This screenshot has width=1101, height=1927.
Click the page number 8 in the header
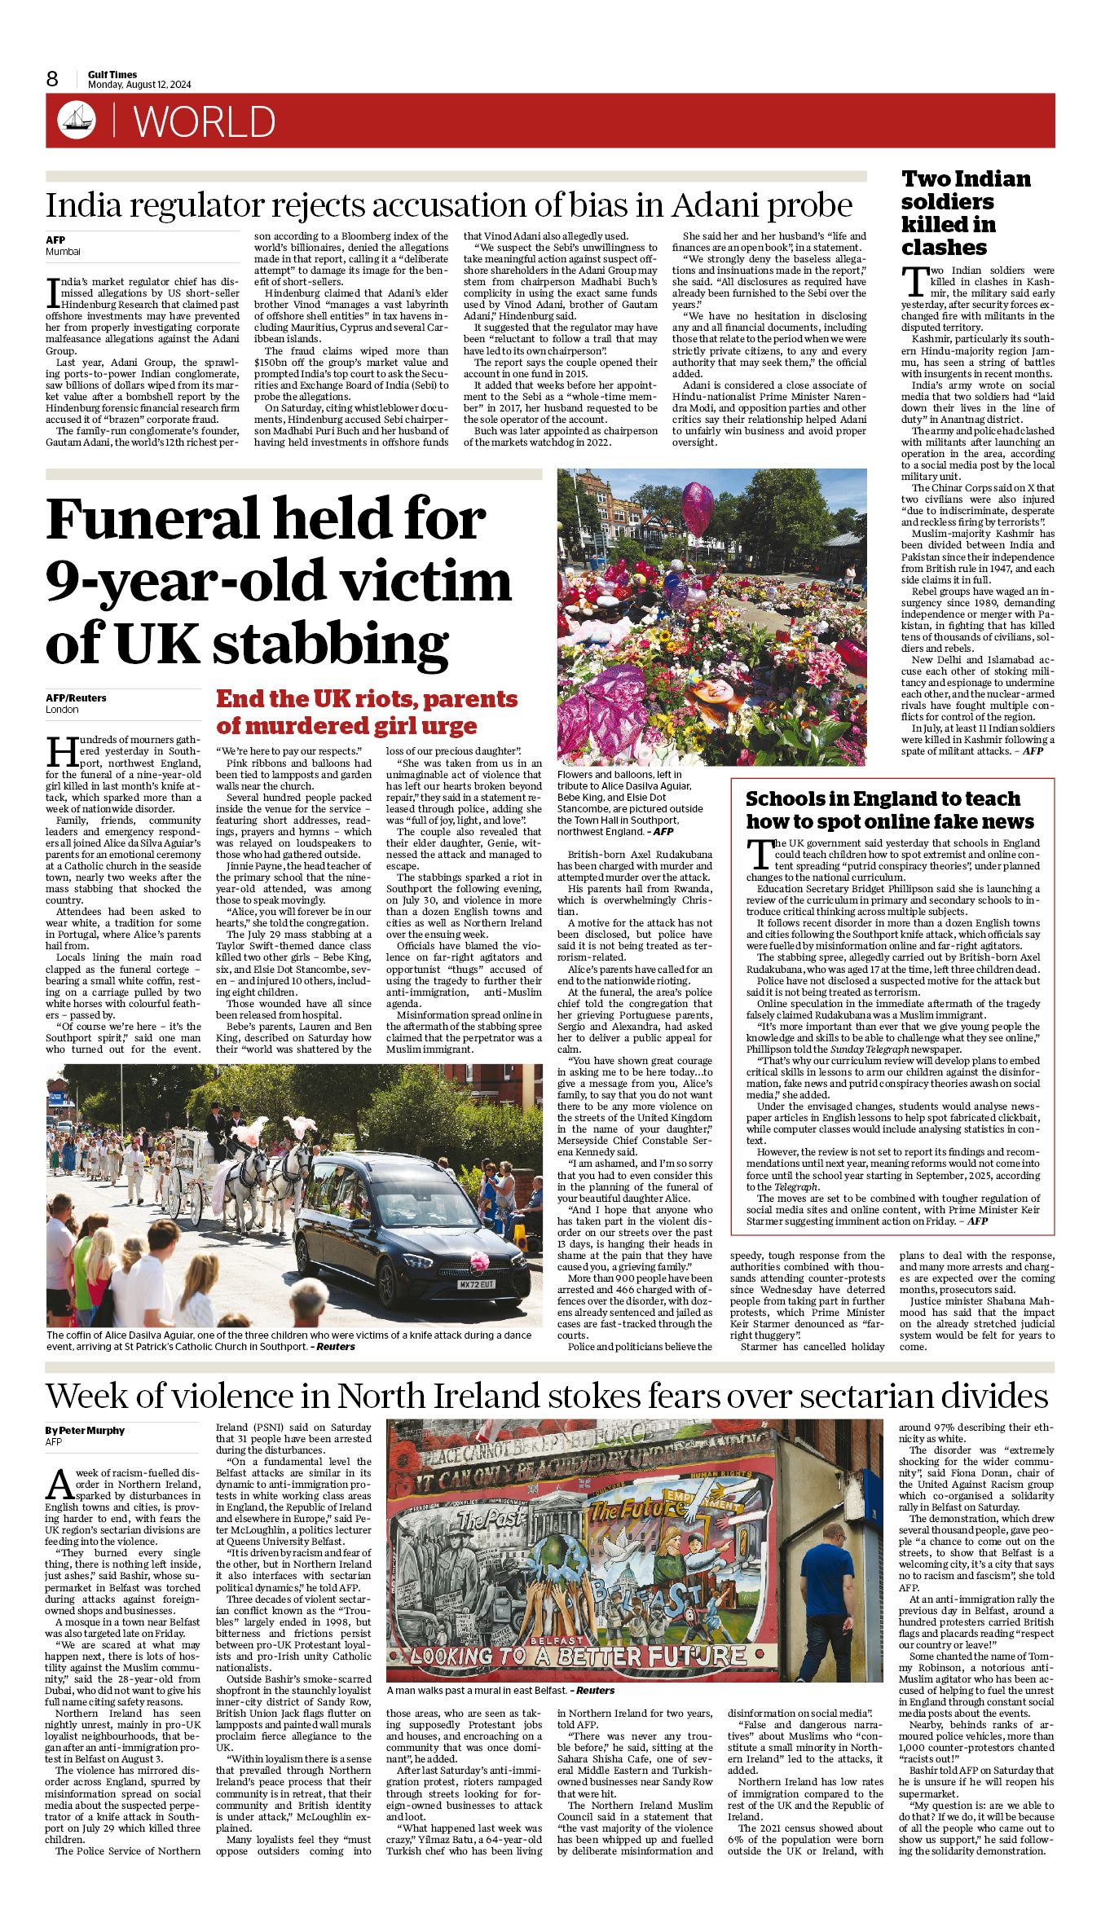point(52,78)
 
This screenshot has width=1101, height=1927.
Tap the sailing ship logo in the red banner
point(77,121)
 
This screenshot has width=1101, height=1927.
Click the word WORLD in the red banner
point(205,122)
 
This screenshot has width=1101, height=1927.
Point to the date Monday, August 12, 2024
point(139,85)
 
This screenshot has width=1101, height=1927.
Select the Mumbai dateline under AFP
point(63,252)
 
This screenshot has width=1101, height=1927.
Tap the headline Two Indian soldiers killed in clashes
point(965,213)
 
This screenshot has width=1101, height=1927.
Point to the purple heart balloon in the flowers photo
point(696,507)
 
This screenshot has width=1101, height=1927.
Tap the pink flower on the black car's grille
point(478,1262)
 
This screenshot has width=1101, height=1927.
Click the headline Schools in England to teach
point(889,810)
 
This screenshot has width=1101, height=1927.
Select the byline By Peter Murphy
point(85,1430)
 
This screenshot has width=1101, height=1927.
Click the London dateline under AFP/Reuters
point(62,709)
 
